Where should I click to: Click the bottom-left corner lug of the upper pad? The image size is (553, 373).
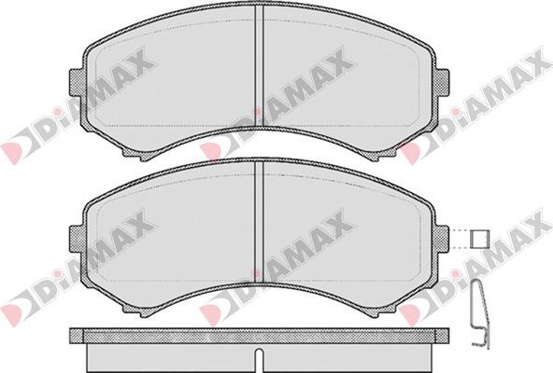point(136,152)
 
